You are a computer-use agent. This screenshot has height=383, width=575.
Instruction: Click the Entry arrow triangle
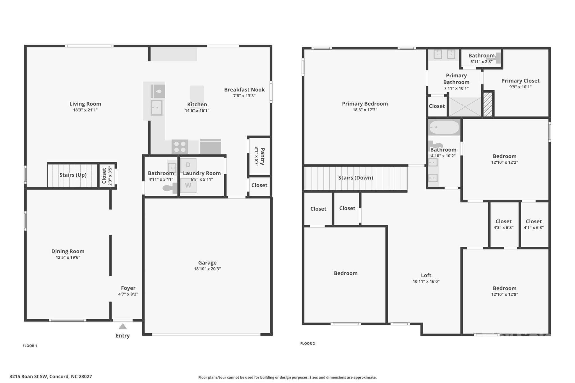coord(123,326)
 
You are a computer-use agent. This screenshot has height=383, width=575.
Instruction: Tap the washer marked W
coord(188,185)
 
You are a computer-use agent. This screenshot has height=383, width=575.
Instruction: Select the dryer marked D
coord(188,165)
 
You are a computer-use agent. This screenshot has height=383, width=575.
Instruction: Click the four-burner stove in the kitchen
coord(180,147)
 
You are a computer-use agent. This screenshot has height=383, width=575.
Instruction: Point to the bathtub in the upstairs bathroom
coord(444,127)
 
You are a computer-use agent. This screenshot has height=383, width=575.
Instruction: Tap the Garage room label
coord(207,263)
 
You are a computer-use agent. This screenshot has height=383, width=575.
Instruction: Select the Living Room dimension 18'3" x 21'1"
coord(85,110)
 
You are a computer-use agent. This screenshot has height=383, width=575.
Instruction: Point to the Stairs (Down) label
coord(355,178)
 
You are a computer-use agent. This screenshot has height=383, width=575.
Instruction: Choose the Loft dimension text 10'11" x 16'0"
coord(426,281)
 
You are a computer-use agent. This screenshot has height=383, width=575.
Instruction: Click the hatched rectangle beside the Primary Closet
coord(488,104)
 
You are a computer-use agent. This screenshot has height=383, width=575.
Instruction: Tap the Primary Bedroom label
coord(365,104)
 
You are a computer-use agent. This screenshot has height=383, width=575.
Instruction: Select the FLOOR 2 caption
coord(307,343)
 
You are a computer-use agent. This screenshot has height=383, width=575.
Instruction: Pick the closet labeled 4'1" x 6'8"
coord(533,224)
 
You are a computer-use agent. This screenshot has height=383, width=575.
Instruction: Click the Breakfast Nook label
coord(244,90)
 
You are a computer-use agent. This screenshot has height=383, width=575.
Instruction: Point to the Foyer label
coord(128,288)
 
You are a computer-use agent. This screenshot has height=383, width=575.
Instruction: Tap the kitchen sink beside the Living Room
coord(156,108)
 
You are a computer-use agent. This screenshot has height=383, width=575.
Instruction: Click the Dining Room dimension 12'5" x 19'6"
coord(68,257)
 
